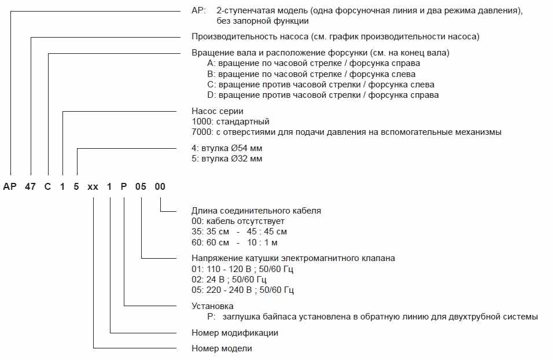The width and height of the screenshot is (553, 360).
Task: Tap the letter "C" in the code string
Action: [x=47, y=187]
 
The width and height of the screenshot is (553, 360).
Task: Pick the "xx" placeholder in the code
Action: [x=93, y=187]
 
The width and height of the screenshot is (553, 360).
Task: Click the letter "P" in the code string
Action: [x=125, y=187]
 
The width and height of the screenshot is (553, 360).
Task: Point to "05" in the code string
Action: [x=142, y=187]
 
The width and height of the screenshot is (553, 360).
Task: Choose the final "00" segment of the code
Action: [x=160, y=187]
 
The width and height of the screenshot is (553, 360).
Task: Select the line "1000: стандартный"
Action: [x=230, y=122]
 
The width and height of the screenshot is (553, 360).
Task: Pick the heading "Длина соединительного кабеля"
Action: [x=256, y=211]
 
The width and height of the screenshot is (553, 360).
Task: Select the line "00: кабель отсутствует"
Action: [x=238, y=221]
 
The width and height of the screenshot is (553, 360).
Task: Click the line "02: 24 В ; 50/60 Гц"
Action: [x=228, y=280]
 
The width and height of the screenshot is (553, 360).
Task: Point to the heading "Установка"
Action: [x=212, y=306]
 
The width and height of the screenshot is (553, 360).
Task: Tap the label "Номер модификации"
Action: [x=235, y=333]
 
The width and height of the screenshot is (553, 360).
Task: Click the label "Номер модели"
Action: [x=222, y=348]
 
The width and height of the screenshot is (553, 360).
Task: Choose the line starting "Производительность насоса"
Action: [x=336, y=36]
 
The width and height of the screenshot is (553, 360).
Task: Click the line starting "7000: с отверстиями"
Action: [x=346, y=132]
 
